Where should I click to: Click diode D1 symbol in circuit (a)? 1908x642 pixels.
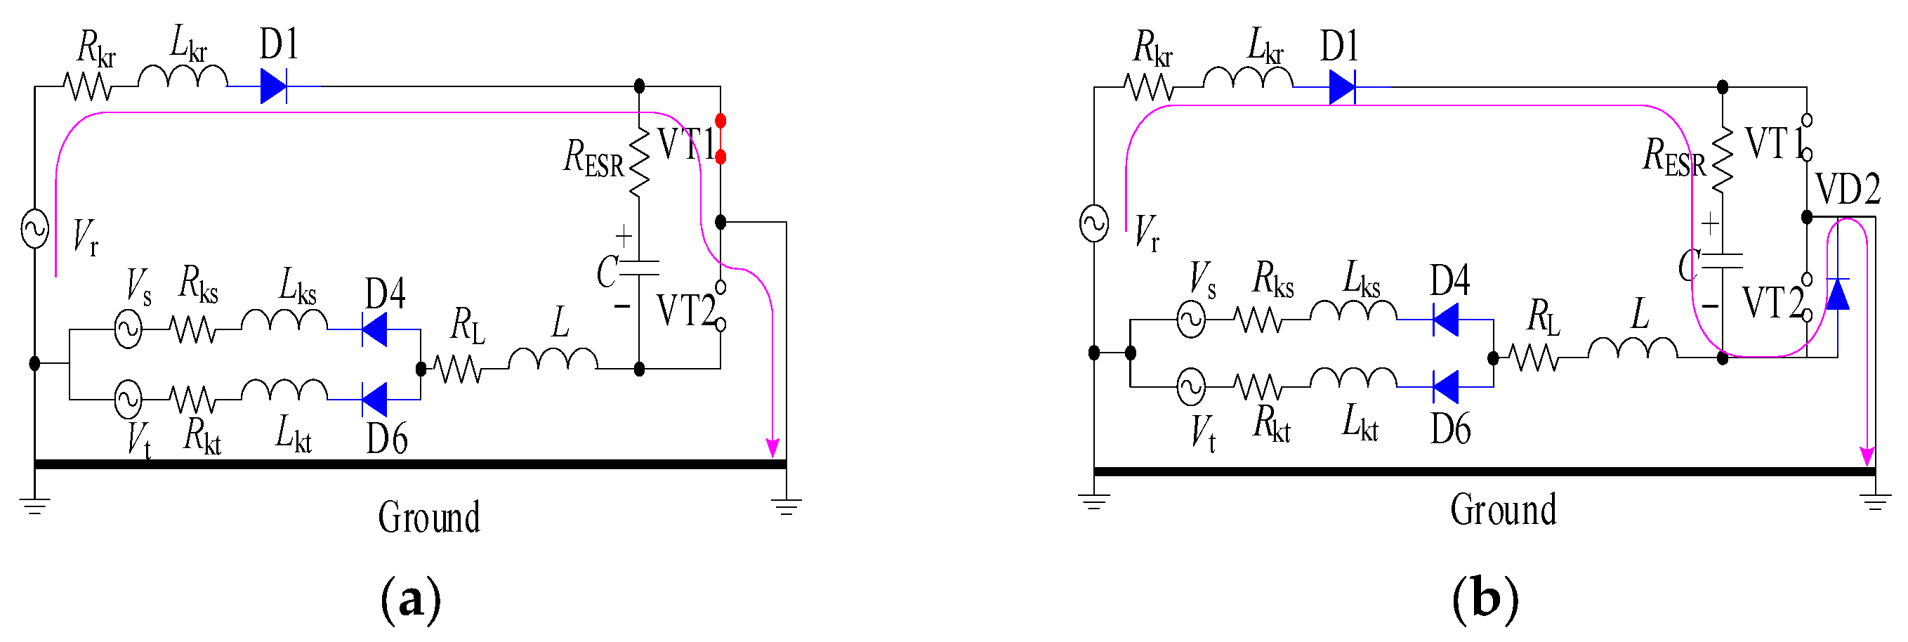(273, 86)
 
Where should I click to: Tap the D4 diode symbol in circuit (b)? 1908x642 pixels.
(1445, 320)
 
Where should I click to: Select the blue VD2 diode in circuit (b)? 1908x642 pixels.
(1837, 294)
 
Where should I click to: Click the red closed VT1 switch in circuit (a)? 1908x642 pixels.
(720, 138)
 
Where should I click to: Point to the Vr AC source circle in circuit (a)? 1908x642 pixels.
(35, 228)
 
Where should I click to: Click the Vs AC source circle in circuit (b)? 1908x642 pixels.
(1190, 320)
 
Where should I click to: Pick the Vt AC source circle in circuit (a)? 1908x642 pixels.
(128, 400)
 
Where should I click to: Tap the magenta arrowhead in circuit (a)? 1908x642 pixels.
(772, 447)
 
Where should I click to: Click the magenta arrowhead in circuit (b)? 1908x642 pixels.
(1867, 455)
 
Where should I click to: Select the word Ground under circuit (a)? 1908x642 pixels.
(429, 517)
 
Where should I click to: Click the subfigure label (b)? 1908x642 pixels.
(1485, 598)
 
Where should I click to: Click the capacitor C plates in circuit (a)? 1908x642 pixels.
(638, 268)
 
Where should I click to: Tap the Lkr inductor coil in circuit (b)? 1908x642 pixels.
(1247, 78)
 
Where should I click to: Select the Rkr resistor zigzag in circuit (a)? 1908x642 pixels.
(87, 86)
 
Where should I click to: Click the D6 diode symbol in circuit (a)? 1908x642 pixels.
(375, 400)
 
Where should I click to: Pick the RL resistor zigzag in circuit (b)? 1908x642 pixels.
(1534, 358)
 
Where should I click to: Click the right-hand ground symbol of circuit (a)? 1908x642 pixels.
(786, 507)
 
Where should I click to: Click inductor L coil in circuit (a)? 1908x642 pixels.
(553, 359)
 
